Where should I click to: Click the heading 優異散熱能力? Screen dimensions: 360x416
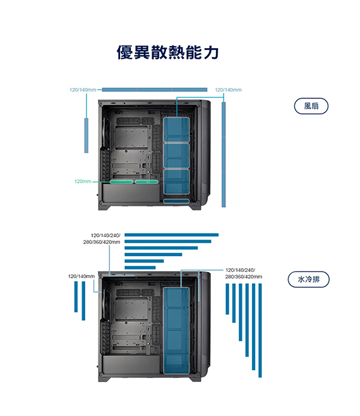(168, 52)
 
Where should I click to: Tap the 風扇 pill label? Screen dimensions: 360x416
(311, 106)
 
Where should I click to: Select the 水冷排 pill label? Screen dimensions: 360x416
(309, 279)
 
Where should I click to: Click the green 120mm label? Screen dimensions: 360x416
(83, 181)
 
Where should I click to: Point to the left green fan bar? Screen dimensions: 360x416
(121, 181)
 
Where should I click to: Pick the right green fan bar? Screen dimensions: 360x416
(147, 181)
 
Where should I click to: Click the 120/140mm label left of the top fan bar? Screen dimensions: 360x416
(83, 90)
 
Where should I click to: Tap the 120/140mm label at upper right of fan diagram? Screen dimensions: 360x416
(228, 90)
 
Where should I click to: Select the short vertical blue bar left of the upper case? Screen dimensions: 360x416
(86, 135)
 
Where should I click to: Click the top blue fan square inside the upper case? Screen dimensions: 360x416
(176, 130)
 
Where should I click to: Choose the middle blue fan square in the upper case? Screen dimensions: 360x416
(176, 156)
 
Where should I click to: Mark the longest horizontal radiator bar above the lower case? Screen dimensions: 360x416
(172, 235)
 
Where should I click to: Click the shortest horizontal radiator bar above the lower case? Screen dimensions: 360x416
(140, 267)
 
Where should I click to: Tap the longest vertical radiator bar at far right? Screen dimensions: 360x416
(260, 330)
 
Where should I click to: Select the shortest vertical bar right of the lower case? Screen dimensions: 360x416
(227, 299)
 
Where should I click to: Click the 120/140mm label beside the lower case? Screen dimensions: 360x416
(81, 276)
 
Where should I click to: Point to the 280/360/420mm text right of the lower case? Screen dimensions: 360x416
(244, 277)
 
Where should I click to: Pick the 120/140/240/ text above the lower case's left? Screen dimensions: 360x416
(105, 235)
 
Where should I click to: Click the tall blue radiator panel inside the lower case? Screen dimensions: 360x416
(176, 331)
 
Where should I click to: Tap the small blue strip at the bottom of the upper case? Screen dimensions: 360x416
(176, 201)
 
